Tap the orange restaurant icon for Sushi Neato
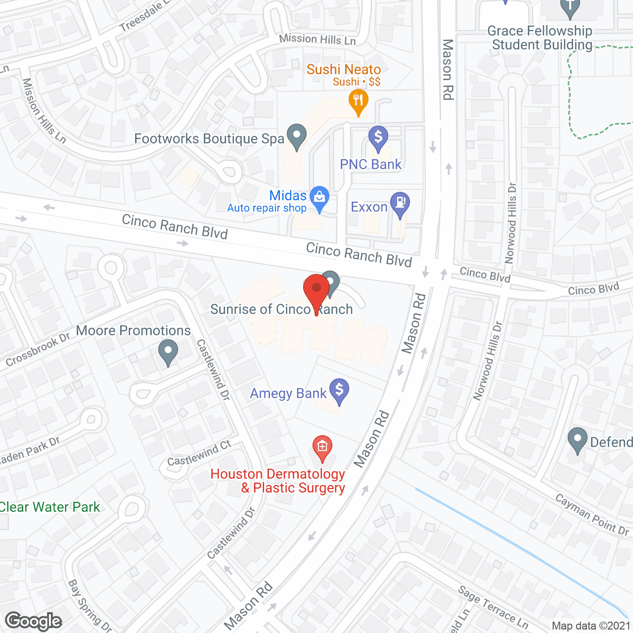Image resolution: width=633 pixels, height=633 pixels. click(x=358, y=101)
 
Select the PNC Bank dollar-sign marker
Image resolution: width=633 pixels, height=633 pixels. click(x=378, y=138)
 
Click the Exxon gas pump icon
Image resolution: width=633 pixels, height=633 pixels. click(x=400, y=204)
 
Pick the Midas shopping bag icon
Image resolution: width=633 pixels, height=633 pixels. click(x=319, y=198)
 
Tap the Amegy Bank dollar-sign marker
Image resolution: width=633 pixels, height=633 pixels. click(x=339, y=391)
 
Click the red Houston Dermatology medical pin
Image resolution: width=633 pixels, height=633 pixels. click(x=322, y=448)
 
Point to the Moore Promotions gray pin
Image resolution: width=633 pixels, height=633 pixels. click(x=168, y=352)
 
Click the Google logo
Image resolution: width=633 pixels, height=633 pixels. click(x=34, y=621)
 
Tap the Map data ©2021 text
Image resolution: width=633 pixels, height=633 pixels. click(x=590, y=626)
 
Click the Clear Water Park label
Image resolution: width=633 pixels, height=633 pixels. click(x=49, y=507)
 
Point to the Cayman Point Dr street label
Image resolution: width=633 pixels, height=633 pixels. click(x=592, y=515)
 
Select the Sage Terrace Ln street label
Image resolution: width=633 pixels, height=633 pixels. click(x=493, y=607)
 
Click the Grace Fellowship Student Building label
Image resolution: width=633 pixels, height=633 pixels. click(x=540, y=38)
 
